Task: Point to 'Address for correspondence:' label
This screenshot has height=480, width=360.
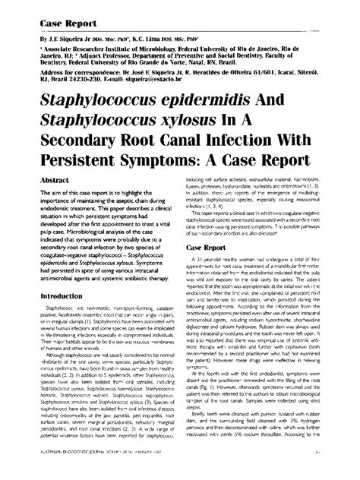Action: click(68, 89)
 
